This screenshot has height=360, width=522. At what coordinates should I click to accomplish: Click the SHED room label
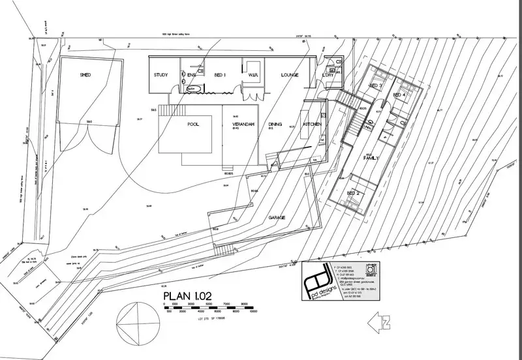click(x=85, y=76)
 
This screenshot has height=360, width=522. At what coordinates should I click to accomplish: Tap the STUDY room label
click(x=161, y=75)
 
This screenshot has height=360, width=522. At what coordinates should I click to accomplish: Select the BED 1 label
click(x=220, y=75)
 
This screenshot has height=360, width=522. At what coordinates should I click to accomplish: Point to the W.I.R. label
click(x=253, y=75)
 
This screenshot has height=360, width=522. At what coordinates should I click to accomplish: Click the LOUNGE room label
click(x=290, y=75)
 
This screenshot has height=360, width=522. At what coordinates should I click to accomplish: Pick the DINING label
click(x=275, y=123)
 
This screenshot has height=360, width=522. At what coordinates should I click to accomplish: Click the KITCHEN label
click(x=311, y=123)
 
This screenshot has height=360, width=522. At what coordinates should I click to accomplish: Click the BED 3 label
click(x=375, y=85)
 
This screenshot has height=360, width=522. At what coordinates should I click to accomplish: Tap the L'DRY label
click(x=328, y=76)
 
